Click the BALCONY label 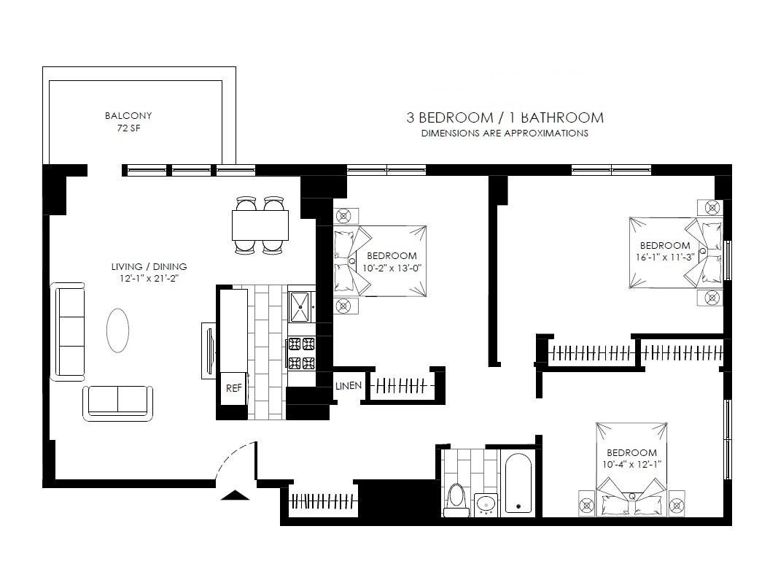pos(128,115)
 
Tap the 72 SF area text pos(128,128)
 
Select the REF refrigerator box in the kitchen pos(234,388)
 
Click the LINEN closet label pos(348,386)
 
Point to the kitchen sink pos(300,307)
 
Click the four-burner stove pos(301,353)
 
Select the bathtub pos(518,483)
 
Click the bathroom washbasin pos(486,505)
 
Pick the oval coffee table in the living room pos(118,331)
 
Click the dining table pos(260,225)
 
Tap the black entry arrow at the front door pos(235,495)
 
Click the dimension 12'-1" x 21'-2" pos(149,279)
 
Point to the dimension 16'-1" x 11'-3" pos(665,257)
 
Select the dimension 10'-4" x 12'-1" pos(631,464)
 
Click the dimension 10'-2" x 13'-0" pos(392,268)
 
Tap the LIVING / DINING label pos(149,267)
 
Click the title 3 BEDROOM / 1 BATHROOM pos(505,117)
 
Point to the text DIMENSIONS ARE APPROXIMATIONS pos(505,133)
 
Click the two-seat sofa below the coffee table pos(118,403)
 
